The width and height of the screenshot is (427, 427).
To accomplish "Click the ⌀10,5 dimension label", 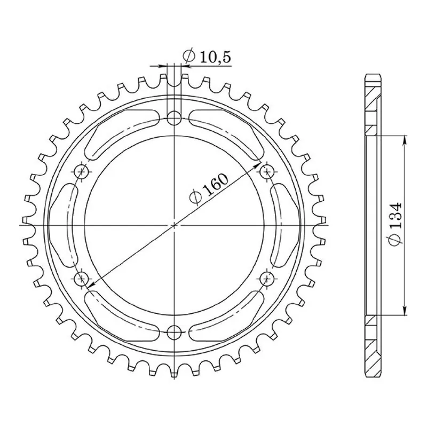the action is (x=207, y=57).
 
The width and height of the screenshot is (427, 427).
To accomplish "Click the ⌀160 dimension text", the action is (x=209, y=188).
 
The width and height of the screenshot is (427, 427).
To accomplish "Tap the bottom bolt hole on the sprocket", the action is (x=174, y=333).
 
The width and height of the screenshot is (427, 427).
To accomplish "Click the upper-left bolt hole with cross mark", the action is (x=82, y=172).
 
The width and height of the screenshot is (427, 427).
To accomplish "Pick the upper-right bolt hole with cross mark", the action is (x=267, y=172).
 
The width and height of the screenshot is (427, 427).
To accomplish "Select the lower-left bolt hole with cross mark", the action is (x=82, y=279).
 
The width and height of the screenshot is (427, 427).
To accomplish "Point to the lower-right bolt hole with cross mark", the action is (x=267, y=279).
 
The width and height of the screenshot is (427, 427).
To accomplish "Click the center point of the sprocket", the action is (x=174, y=225).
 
